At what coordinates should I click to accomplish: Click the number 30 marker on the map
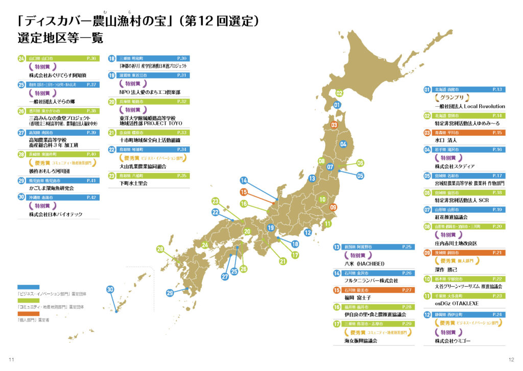[110, 289]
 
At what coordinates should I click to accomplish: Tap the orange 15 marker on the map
[244, 192]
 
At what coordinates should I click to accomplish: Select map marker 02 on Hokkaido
[339, 93]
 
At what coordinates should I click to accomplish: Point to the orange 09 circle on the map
[334, 207]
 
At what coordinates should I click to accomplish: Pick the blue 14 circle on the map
[244, 181]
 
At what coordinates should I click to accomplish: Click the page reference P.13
[497, 89]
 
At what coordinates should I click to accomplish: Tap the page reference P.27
[407, 289]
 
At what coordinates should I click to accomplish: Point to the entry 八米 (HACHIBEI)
[365, 263]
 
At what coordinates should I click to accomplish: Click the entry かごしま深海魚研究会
[53, 188]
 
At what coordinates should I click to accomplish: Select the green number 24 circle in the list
[21, 59]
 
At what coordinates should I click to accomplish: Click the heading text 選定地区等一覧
[60, 38]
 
